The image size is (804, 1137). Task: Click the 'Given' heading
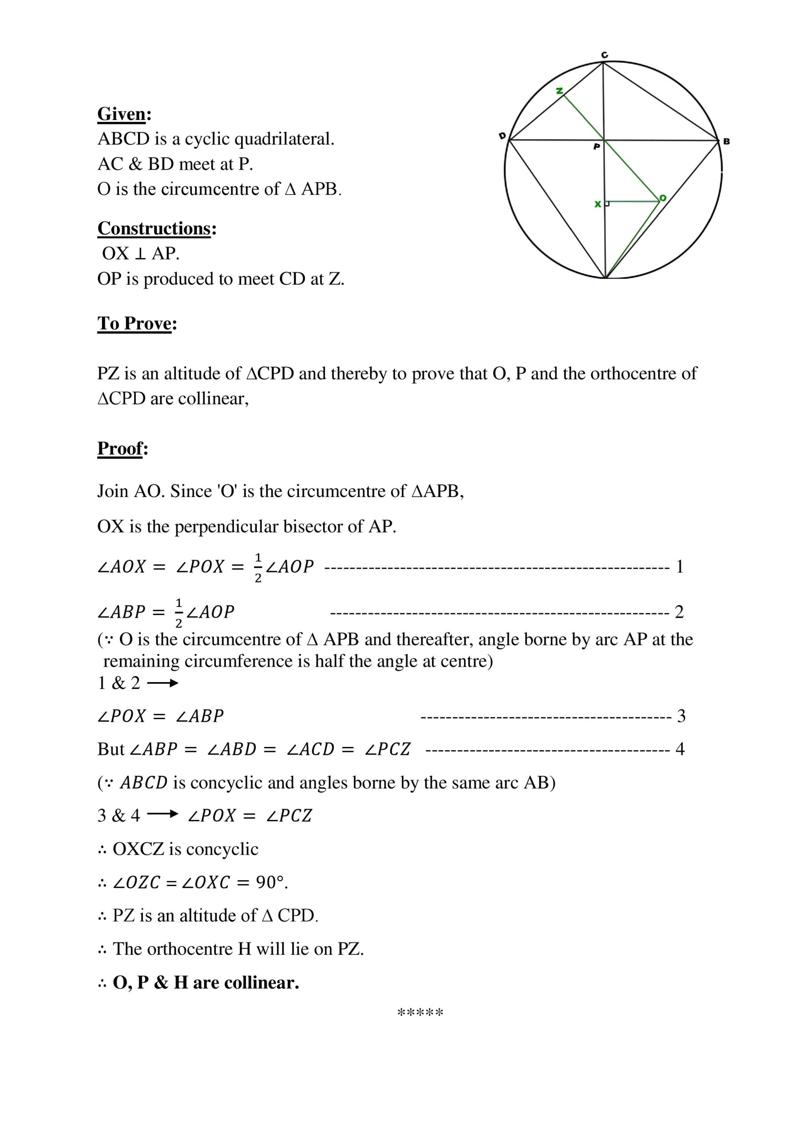click(x=122, y=115)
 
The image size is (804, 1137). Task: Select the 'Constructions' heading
click(x=154, y=228)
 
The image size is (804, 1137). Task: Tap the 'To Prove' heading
click(x=134, y=323)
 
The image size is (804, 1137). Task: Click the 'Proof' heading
click(x=120, y=448)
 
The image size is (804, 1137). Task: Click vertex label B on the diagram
click(x=726, y=142)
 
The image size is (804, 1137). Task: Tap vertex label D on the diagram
click(x=502, y=136)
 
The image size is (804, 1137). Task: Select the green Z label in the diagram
click(x=559, y=91)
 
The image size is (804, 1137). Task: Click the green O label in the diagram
click(x=663, y=198)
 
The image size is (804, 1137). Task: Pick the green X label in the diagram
click(x=598, y=204)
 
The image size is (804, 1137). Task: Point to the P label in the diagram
click(x=597, y=147)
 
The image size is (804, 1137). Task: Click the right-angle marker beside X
click(x=607, y=203)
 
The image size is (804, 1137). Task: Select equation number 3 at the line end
click(x=681, y=716)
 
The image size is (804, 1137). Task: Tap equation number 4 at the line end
click(x=680, y=749)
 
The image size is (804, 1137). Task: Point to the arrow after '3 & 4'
click(x=162, y=815)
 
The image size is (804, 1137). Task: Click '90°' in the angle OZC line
click(x=271, y=883)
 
